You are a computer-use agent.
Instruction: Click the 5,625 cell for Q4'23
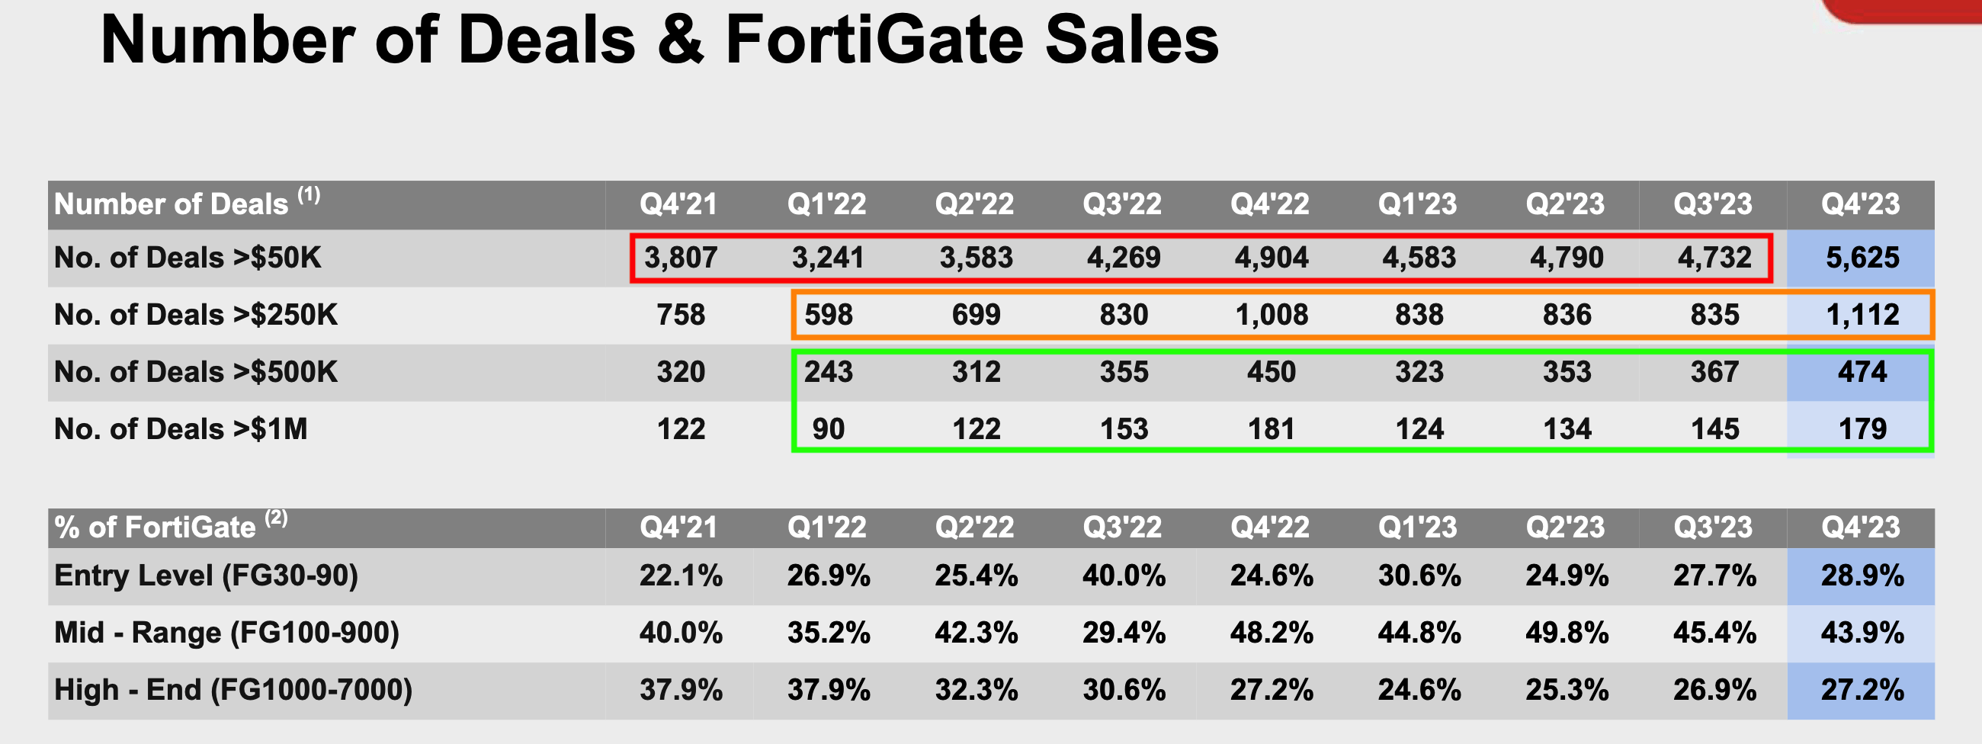[x=1862, y=258]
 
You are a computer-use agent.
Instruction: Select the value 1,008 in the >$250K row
[x=1271, y=315]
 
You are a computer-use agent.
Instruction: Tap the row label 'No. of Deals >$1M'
[x=181, y=429]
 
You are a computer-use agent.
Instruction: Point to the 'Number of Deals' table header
[x=172, y=204]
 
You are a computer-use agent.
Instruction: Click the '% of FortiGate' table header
[x=155, y=528]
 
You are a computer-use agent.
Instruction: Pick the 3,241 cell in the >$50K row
[x=828, y=258]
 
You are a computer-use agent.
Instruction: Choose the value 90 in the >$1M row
[x=828, y=429]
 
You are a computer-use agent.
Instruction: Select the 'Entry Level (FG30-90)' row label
[x=206, y=576]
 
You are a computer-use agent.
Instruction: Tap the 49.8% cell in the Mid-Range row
[x=1567, y=633]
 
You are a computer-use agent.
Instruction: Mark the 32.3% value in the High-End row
[x=976, y=690]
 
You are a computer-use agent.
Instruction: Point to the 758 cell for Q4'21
[x=680, y=315]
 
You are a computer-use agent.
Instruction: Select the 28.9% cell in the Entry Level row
[x=1862, y=576]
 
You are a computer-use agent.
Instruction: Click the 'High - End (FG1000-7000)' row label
[x=233, y=690]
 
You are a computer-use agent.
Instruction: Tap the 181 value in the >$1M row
[x=1271, y=429]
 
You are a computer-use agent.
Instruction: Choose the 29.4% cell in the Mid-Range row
[x=1124, y=633]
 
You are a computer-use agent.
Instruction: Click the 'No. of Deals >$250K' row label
[x=195, y=315]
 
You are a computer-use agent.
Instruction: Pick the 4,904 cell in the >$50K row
[x=1271, y=258]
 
